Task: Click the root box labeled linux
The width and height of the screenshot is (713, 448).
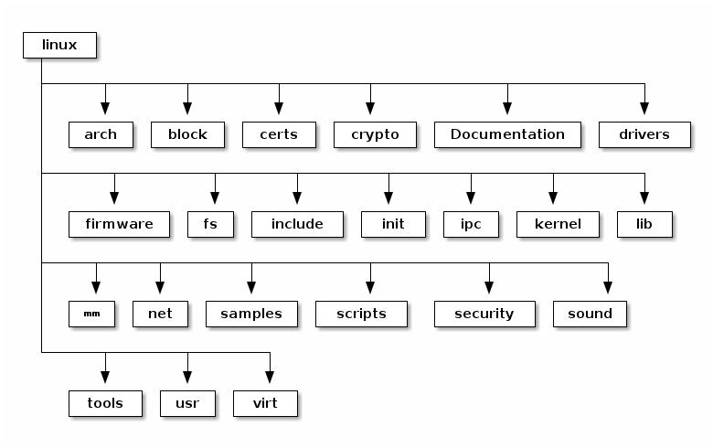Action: pos(59,45)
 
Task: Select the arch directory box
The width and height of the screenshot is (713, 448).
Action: pos(101,134)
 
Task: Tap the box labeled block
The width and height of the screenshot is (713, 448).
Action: pos(187,134)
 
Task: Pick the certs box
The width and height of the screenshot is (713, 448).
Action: pos(279,134)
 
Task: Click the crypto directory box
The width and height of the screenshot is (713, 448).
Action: pos(375,134)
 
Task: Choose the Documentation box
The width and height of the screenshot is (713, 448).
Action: pos(507,134)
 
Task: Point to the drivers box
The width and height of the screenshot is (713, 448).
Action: pos(644,134)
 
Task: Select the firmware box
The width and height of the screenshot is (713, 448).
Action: pos(119,224)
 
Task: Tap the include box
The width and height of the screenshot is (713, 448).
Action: pos(297,224)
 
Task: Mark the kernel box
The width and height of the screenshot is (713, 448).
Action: pos(558,224)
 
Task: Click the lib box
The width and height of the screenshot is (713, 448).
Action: pos(644,224)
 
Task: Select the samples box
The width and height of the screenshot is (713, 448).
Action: pos(251,314)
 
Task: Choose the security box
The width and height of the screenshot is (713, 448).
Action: pos(484,314)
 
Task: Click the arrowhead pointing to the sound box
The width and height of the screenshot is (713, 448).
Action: pos(608,288)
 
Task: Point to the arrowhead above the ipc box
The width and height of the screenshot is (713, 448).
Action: pos(471,198)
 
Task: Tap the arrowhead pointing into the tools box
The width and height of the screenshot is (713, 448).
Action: pos(105,378)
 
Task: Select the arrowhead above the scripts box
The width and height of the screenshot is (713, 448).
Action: pos(370,288)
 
